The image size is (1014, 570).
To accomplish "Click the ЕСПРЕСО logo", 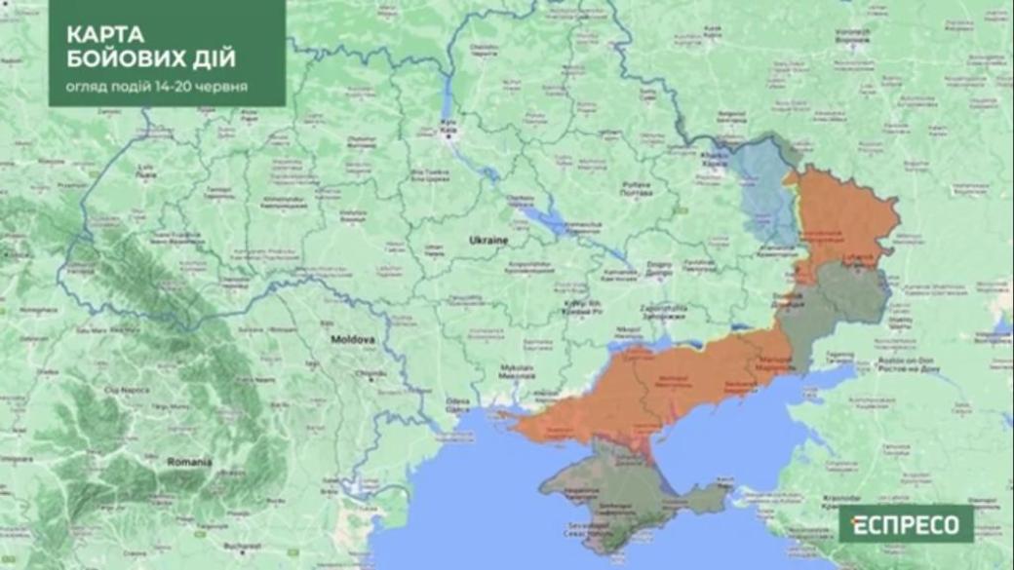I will tap(906, 524).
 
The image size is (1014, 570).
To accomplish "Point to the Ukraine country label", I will tap(489, 240).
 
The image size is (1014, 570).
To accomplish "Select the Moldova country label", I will tap(353, 340).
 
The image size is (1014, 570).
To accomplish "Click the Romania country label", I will tap(188, 460).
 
